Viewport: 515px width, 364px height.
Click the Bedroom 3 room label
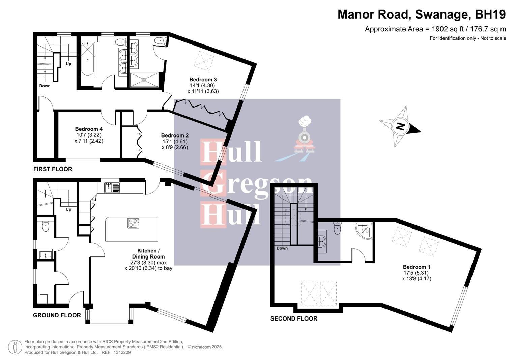203,80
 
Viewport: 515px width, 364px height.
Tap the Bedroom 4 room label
89,129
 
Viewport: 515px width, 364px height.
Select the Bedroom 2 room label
175,135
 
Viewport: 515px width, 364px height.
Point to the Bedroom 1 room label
417,267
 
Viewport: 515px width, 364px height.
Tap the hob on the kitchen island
133,223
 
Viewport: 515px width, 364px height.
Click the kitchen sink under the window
112,187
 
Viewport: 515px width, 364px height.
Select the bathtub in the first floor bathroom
88,59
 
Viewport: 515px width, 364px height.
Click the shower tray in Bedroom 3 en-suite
144,80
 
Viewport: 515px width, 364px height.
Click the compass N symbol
400,127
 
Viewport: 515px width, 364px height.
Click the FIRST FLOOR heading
53,169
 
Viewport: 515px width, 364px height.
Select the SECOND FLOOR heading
294,318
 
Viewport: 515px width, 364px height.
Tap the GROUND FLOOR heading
57,315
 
